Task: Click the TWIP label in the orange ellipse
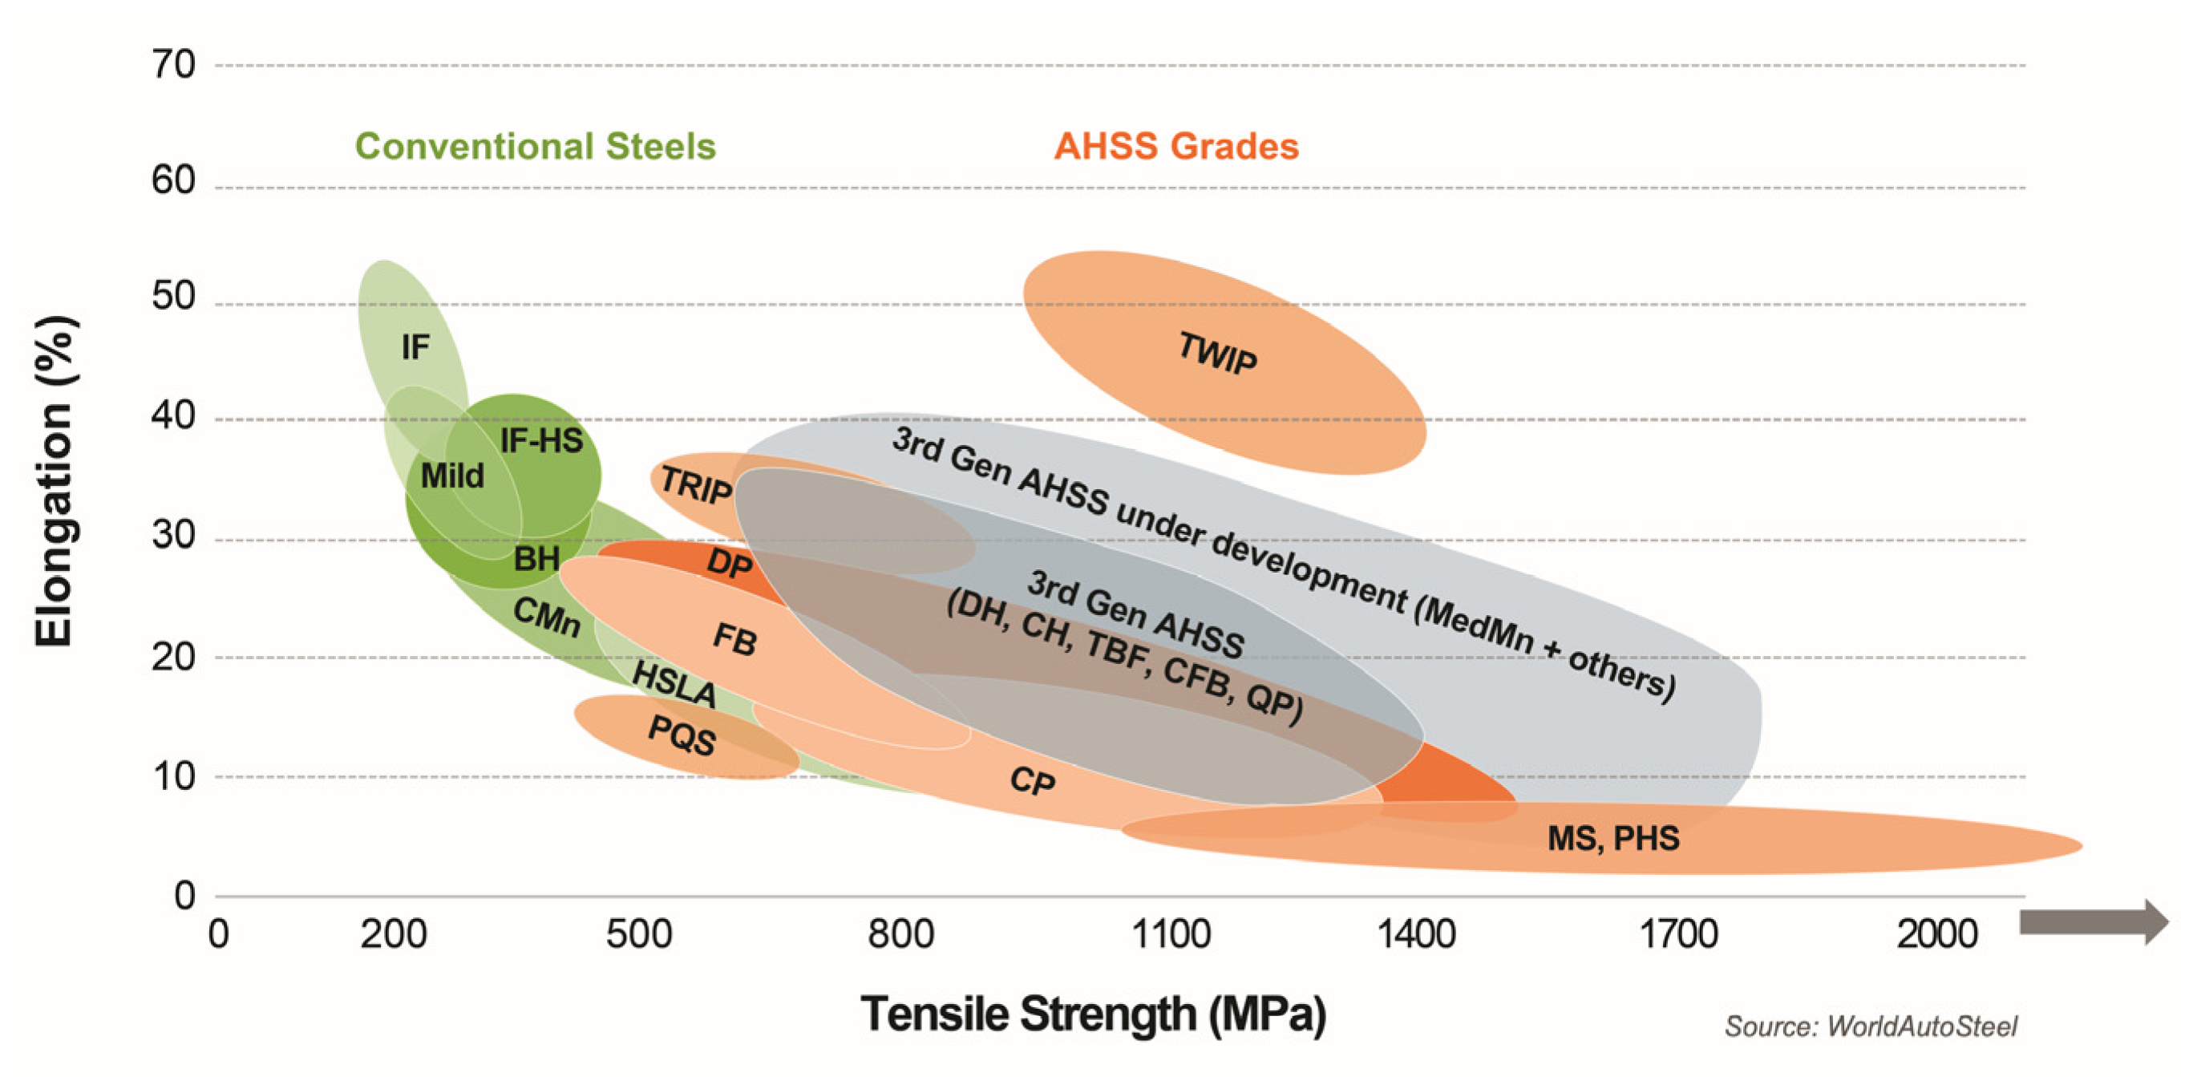coord(1217,353)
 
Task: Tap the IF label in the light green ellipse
coord(415,347)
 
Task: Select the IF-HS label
coord(540,441)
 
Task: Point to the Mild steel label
coord(452,476)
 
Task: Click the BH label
coord(536,560)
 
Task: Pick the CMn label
coord(547,617)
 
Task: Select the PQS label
coord(681,735)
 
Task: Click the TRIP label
coord(695,486)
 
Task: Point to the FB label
coord(734,640)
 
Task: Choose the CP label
coord(1032,780)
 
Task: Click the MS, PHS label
coord(1612,838)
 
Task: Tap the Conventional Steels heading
coord(535,147)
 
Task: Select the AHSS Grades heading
coord(1176,147)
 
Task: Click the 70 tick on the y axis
coord(174,65)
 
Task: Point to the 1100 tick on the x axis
coord(1170,934)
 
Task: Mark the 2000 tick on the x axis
coord(1936,934)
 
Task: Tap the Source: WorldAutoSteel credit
coord(1871,1026)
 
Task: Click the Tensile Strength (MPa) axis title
coord(1094,1014)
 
